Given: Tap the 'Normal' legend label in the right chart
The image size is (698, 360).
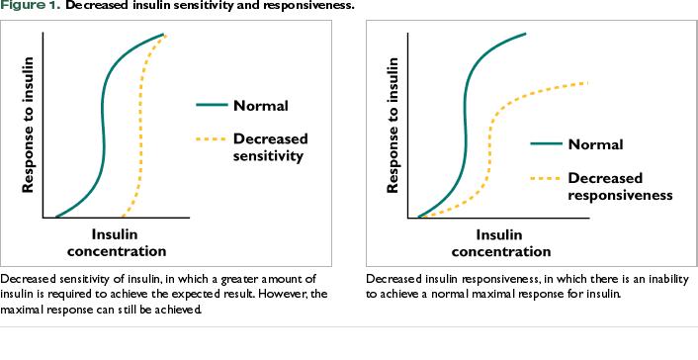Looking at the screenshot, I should point(595,144).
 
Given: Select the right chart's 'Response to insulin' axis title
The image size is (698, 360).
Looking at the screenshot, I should point(393,125).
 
